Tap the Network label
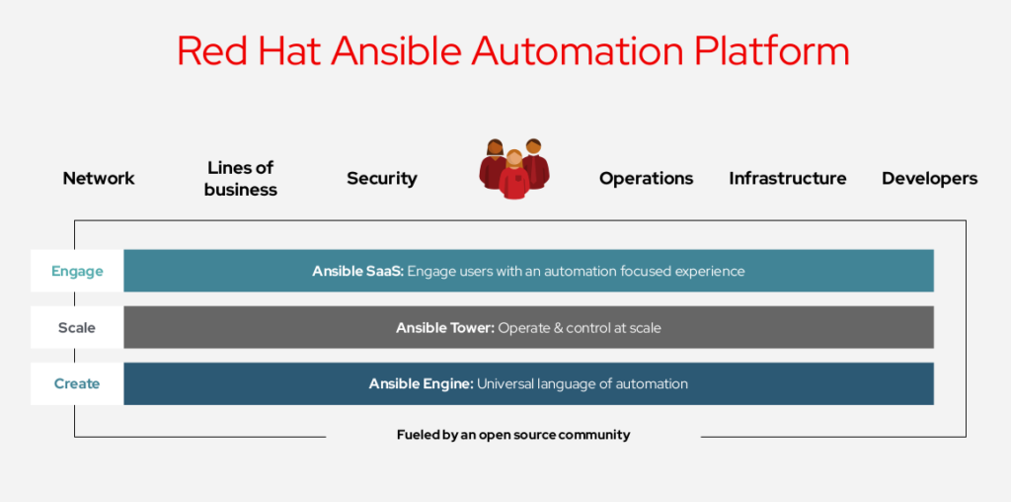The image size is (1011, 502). (x=99, y=178)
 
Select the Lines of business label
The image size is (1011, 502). (x=241, y=179)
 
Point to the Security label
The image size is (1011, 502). (x=382, y=179)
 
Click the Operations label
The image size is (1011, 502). (x=646, y=179)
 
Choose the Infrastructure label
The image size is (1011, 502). (x=787, y=178)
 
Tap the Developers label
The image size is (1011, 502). (x=929, y=179)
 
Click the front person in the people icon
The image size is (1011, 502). (x=513, y=175)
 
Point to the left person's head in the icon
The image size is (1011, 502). (x=495, y=148)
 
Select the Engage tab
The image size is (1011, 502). (x=77, y=271)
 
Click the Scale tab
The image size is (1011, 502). (x=77, y=327)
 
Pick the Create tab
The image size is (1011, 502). (x=77, y=384)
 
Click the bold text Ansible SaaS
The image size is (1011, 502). (x=357, y=271)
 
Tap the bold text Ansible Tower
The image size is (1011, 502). (x=445, y=328)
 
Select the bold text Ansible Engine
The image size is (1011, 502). (x=422, y=384)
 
